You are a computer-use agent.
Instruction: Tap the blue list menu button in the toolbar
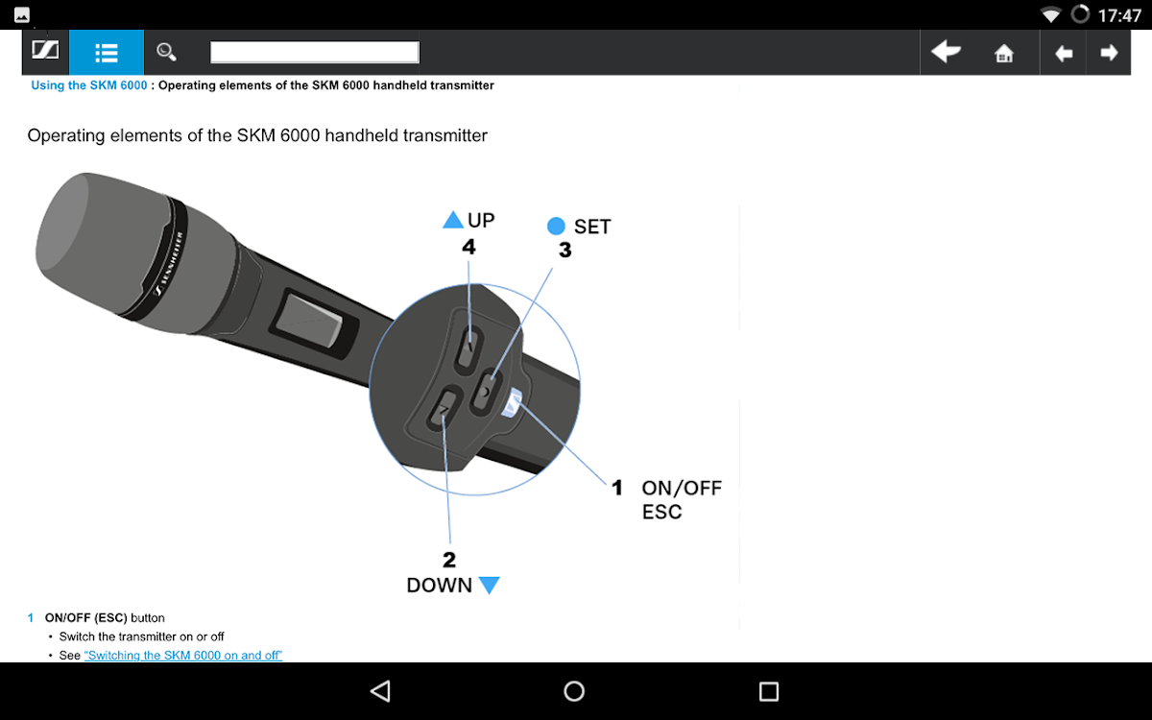[107, 52]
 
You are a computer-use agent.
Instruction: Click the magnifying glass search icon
[166, 52]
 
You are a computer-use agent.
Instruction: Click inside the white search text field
[315, 52]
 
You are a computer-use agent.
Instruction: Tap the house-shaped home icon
[1003, 53]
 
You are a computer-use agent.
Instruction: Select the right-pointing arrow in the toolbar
[1109, 53]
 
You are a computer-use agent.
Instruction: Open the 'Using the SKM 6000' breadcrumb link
[89, 85]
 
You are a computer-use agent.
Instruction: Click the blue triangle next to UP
[452, 220]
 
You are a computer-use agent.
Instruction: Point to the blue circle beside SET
[556, 226]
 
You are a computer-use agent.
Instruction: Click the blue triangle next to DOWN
[489, 585]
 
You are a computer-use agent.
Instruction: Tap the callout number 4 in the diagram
[468, 247]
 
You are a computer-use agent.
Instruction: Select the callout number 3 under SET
[565, 250]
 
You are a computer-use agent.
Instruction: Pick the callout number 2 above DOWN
[449, 560]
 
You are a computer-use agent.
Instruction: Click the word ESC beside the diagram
[661, 512]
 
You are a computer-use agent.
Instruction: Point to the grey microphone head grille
[103, 242]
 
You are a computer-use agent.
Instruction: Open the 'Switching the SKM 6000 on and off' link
[183, 655]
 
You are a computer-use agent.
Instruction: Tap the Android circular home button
[574, 691]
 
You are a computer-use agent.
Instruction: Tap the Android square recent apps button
[769, 691]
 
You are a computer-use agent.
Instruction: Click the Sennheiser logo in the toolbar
[45, 50]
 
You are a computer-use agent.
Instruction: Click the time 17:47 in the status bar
[1119, 15]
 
